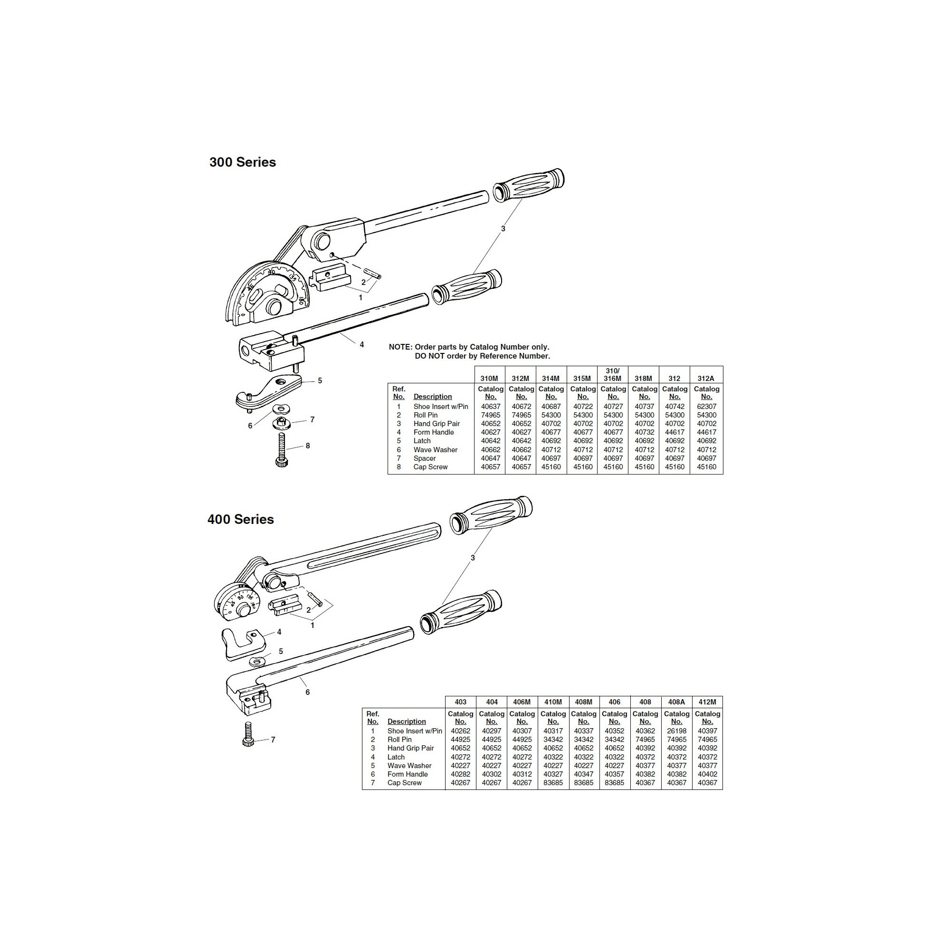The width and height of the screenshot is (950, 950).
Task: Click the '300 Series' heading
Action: click(242, 162)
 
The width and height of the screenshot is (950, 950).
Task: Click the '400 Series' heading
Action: click(240, 519)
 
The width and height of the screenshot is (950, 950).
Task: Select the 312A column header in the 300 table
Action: click(706, 379)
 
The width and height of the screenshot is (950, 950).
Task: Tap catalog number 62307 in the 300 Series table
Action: click(707, 407)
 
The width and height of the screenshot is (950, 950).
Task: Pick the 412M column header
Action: click(707, 702)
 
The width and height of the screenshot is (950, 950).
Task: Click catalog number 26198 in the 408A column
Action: click(676, 731)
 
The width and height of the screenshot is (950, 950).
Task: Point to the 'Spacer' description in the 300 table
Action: click(424, 458)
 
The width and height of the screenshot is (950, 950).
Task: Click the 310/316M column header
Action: click(613, 375)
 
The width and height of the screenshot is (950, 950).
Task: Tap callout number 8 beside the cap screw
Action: click(308, 446)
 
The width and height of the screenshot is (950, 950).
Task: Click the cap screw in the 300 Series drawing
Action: click(282, 449)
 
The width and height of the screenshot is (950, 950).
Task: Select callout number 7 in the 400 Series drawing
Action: click(273, 740)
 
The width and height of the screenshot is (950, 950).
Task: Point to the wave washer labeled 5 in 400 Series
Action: click(256, 661)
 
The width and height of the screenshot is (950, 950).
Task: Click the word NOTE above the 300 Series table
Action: click(400, 347)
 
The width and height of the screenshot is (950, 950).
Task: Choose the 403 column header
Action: click(460, 702)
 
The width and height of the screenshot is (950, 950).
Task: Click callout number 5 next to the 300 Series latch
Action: click(320, 380)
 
